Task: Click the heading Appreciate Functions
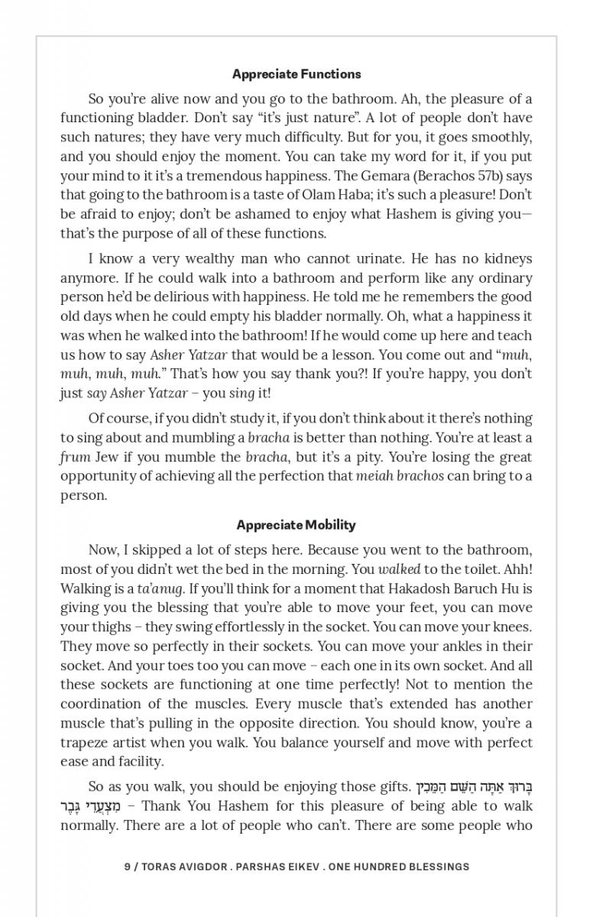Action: point(296,74)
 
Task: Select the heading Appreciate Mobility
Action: point(296,525)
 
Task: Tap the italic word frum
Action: point(75,457)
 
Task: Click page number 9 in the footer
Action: point(127,867)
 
